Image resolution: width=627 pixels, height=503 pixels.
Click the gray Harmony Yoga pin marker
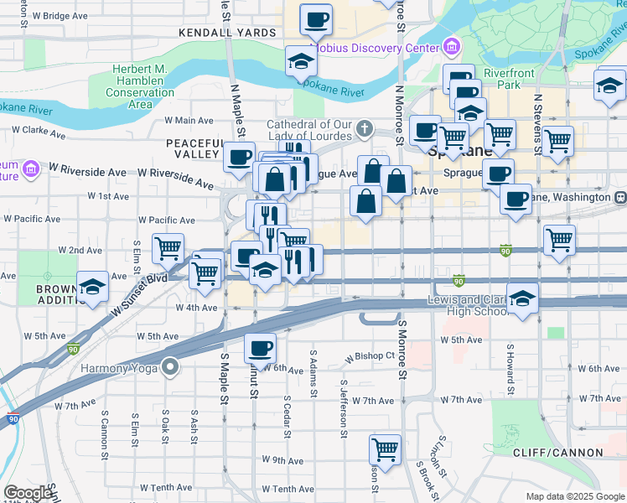click(x=171, y=367)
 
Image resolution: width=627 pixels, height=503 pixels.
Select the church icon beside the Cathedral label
click(x=364, y=129)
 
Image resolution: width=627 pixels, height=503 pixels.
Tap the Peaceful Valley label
click(x=195, y=150)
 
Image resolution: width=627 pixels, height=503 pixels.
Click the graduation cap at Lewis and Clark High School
click(x=523, y=299)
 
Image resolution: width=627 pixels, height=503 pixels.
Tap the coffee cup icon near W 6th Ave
click(x=260, y=346)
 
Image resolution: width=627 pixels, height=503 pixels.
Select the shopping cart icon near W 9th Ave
click(x=385, y=449)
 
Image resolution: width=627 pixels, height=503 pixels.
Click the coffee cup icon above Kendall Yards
click(x=316, y=18)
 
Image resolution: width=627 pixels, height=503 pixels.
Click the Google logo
click(x=28, y=493)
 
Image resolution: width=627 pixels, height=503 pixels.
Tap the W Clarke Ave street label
click(x=38, y=132)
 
